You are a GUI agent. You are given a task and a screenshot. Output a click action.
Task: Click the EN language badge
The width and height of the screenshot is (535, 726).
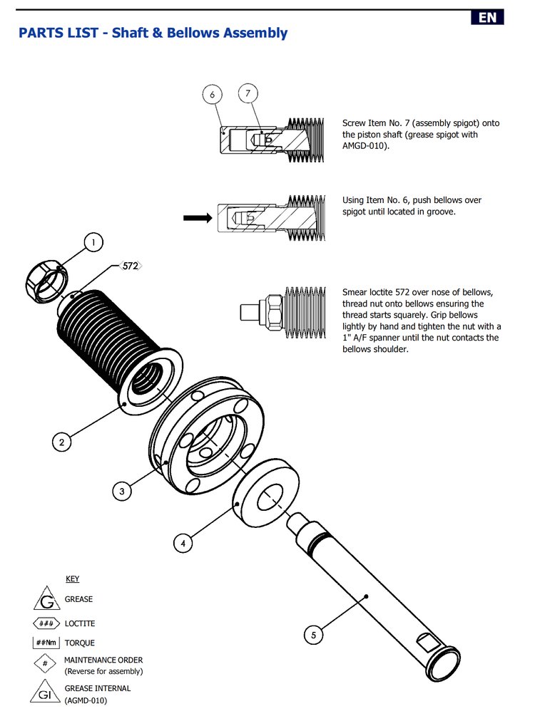(487, 18)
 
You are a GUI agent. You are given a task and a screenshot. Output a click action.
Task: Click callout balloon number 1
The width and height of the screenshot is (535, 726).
(93, 243)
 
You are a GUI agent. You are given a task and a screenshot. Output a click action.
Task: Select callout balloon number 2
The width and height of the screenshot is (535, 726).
(61, 442)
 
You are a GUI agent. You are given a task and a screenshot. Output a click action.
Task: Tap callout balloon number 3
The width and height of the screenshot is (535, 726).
(122, 491)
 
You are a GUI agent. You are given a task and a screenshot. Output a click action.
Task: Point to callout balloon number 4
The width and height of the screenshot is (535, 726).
(183, 543)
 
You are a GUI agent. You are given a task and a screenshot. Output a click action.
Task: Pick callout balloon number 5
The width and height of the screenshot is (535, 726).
(313, 633)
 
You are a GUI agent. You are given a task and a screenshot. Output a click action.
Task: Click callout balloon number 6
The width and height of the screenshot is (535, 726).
(213, 94)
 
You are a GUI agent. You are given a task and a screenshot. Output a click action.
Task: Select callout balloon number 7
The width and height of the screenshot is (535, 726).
(248, 93)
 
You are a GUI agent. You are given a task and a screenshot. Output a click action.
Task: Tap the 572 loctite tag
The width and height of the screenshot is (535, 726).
(130, 266)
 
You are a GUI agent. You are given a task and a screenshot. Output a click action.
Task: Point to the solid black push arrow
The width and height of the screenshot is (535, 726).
(197, 218)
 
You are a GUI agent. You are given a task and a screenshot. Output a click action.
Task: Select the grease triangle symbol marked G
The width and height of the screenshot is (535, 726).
(46, 599)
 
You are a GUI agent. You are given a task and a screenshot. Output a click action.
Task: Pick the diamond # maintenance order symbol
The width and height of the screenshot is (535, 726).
(46, 664)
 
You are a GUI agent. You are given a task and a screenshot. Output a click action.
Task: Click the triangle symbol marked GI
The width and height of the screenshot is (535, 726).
(46, 693)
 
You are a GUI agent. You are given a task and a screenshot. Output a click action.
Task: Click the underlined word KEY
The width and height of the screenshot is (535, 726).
(72, 579)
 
